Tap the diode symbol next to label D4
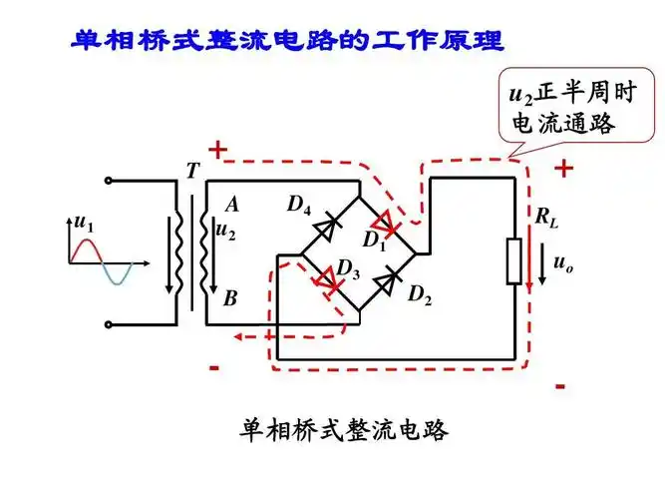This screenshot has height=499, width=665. pos(322,229)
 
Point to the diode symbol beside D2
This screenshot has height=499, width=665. pos(385,280)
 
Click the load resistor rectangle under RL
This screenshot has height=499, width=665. pos(515,261)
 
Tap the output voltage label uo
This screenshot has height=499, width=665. pos(563,264)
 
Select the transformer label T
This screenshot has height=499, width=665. pos(191,172)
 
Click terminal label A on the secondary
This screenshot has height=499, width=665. pos(232,205)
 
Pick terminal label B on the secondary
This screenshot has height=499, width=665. pos(231,297)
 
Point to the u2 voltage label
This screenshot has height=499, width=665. pos(226,232)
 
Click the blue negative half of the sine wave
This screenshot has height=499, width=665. pos(117,274)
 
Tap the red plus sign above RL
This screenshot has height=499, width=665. pos(564,169)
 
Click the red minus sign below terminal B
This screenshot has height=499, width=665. pos(213,366)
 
